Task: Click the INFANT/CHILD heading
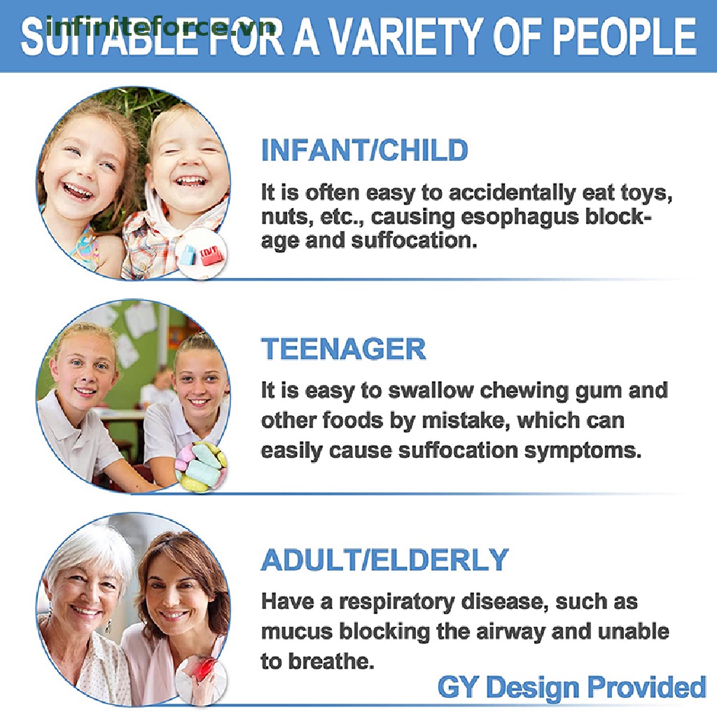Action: (364, 150)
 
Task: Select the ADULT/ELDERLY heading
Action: (384, 559)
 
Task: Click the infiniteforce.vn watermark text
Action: (161, 27)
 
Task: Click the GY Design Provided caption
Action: (571, 688)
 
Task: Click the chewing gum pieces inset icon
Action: (201, 467)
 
